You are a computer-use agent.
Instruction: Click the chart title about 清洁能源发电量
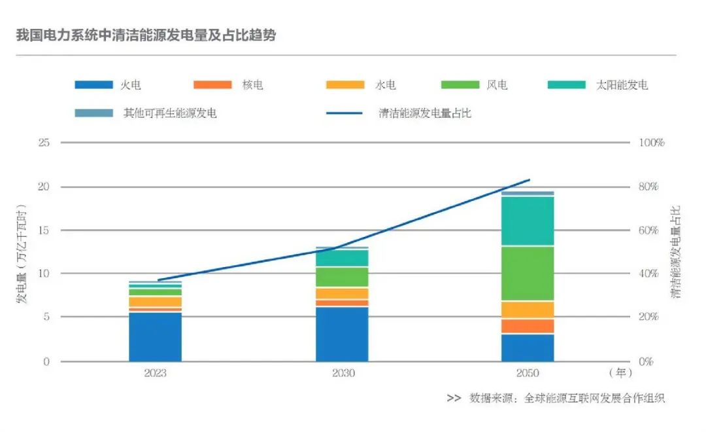tap(146, 35)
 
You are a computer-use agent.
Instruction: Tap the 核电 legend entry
tap(229, 84)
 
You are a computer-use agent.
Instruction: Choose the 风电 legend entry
tap(475, 84)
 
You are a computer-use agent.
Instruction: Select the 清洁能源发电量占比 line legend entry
tap(399, 113)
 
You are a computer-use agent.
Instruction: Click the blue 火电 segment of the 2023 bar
tap(155, 336)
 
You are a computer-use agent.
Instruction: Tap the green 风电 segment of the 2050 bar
tap(528, 273)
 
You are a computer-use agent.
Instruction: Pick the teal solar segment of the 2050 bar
tap(528, 221)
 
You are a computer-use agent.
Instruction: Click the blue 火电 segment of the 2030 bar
tap(342, 334)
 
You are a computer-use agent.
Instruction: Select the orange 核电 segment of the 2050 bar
tap(528, 326)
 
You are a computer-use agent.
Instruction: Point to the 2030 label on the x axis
tap(343, 374)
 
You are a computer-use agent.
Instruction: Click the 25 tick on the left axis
tap(45, 143)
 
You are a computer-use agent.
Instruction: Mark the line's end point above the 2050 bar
tap(529, 179)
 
